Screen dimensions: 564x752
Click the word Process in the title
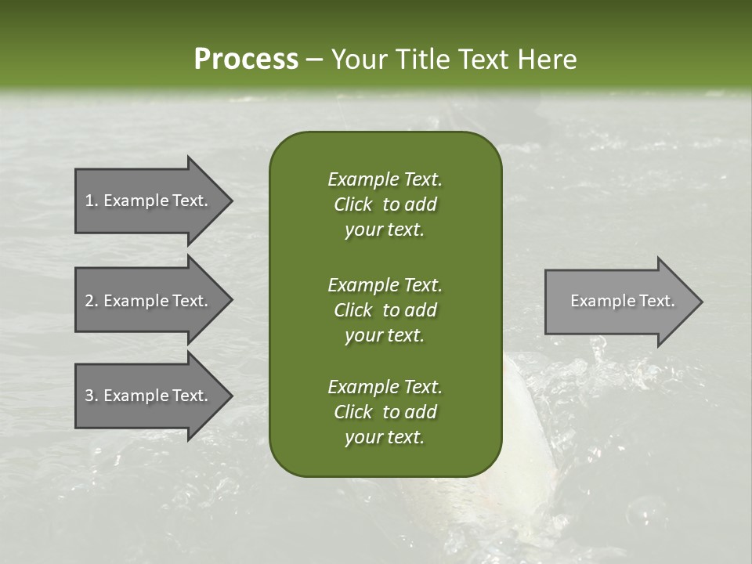coord(246,60)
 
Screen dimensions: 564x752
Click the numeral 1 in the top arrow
coord(89,201)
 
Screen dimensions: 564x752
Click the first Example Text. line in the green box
coord(385,179)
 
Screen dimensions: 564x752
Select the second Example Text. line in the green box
coord(385,284)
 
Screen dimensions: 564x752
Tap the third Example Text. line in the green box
coord(385,387)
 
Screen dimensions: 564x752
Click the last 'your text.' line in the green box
coord(385,438)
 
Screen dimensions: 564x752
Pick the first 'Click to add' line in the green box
coord(385,204)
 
